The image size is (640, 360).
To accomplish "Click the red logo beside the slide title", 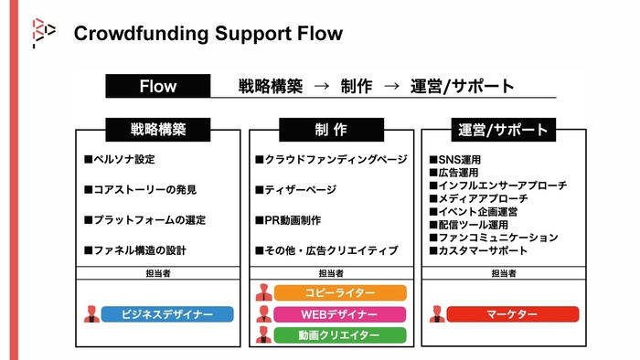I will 44,33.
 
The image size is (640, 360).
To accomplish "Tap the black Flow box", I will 158,87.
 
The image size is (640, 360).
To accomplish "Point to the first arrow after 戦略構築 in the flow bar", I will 321,87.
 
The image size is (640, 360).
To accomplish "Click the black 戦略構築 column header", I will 158,130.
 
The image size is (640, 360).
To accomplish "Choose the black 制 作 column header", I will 330,130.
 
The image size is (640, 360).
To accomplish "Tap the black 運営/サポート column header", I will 503,130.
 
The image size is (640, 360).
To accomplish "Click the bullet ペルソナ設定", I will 124,160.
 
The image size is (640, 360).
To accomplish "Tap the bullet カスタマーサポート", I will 484,250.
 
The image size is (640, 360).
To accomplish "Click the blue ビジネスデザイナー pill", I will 167,314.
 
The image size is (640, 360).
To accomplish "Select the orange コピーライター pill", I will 339,292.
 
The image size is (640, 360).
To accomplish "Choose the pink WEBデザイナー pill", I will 339,314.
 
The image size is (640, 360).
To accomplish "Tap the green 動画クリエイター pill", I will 339,335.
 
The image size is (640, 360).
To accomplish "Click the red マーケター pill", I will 512,314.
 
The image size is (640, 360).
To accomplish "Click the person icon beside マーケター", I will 436,314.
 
